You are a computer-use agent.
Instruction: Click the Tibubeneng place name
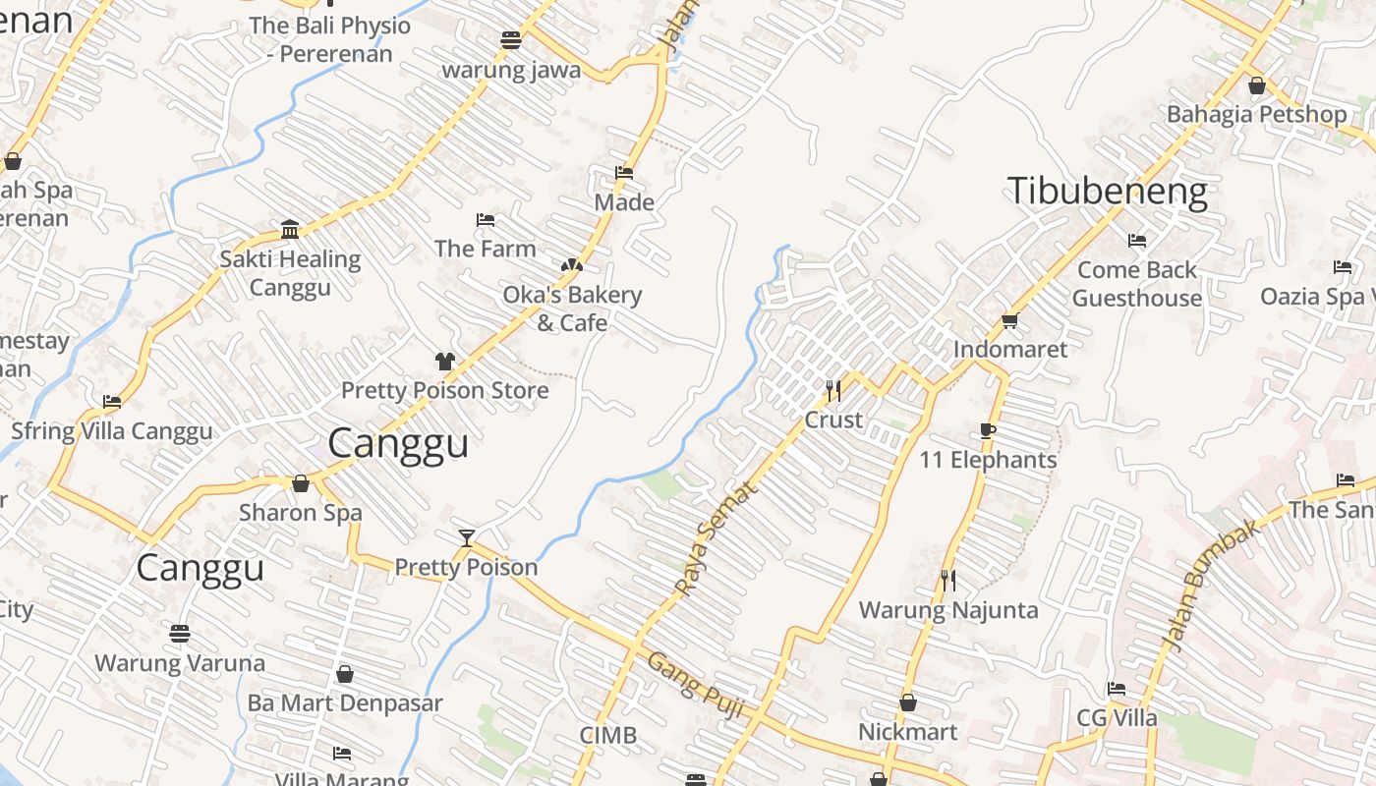(x=1108, y=190)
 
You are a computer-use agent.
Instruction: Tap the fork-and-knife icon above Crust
(x=833, y=391)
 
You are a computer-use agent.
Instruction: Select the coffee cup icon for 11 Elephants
(x=988, y=431)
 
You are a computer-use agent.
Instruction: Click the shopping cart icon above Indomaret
(x=1009, y=320)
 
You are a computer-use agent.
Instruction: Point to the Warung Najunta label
(x=948, y=610)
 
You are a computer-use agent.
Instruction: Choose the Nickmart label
(x=907, y=732)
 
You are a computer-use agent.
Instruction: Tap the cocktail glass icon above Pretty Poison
(x=467, y=537)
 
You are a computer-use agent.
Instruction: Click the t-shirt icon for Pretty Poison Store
(x=445, y=361)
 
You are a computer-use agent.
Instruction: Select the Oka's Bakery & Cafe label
(x=572, y=309)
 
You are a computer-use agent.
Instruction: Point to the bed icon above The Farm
(x=486, y=220)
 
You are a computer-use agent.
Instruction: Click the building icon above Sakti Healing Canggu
(x=290, y=229)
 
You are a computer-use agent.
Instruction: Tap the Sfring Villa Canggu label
(x=112, y=431)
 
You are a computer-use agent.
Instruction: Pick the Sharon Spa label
(x=301, y=512)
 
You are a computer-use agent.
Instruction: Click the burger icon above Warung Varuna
(x=179, y=634)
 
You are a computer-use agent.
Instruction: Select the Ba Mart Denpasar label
(x=345, y=703)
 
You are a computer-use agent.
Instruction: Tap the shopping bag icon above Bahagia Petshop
(x=1256, y=85)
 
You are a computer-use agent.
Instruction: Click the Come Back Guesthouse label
(x=1137, y=284)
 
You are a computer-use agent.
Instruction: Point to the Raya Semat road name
(x=717, y=537)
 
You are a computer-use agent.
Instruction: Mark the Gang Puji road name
(x=695, y=684)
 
